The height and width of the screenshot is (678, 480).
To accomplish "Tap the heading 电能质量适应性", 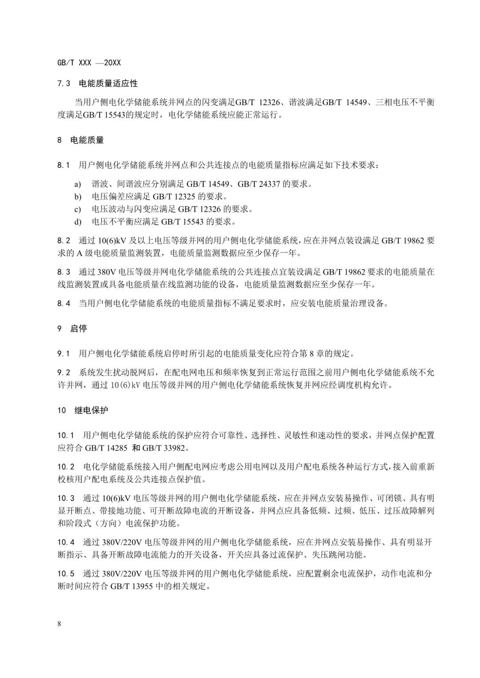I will [x=108, y=83].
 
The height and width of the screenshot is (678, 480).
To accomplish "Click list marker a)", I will [x=78, y=184].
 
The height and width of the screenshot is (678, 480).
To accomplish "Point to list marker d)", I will [x=78, y=221].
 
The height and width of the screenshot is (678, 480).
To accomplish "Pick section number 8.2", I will [x=64, y=241].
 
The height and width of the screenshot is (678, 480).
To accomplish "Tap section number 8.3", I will [x=64, y=272].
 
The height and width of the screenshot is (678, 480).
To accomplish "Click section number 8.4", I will [x=64, y=304].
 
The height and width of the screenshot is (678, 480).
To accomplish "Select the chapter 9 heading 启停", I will [x=79, y=329].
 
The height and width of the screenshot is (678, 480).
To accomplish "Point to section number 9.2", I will [x=64, y=372].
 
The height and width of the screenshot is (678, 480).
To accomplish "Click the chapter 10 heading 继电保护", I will [x=91, y=410].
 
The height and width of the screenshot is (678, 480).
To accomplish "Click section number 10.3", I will [x=66, y=498].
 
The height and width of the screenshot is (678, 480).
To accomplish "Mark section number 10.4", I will [x=66, y=542].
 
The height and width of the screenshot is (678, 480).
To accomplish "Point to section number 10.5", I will [x=66, y=574].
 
